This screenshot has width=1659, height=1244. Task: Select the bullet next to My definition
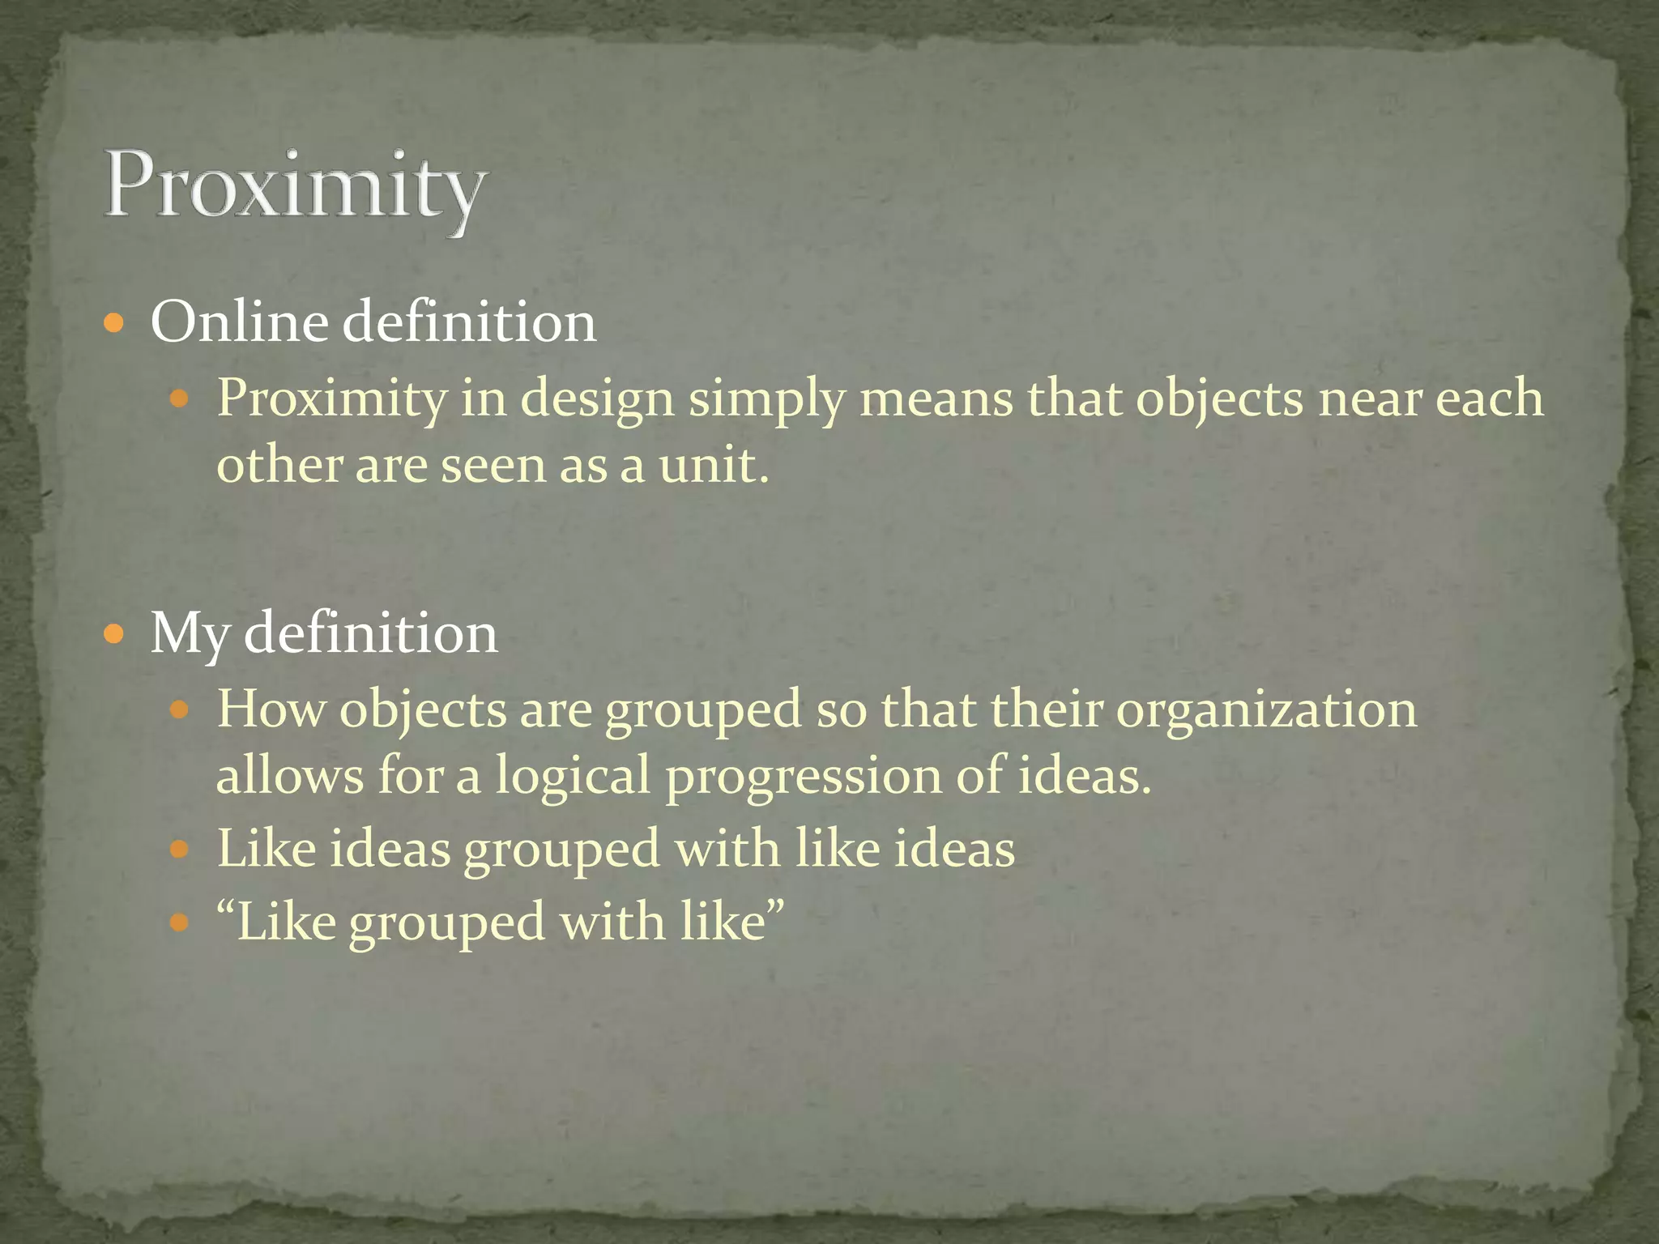click(x=115, y=634)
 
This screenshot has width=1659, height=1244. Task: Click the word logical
click(x=573, y=776)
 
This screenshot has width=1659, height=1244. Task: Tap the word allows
click(x=290, y=776)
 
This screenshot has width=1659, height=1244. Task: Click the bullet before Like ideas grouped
click(x=180, y=850)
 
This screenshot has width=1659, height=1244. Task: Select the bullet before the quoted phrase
click(x=180, y=922)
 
